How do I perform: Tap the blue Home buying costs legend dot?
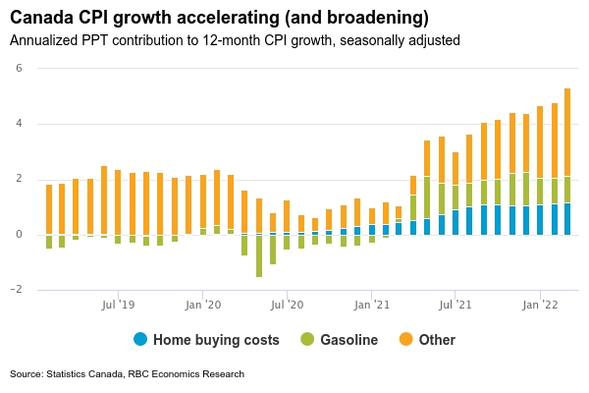point(140,340)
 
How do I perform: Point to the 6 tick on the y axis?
point(19,68)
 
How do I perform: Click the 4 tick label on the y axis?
point(19,124)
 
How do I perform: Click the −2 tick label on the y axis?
point(17,290)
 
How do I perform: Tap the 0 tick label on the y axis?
point(19,234)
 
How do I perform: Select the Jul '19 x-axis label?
point(118,306)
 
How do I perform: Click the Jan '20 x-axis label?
point(202,306)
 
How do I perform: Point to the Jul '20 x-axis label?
point(287,306)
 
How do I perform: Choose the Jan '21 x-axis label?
point(371,306)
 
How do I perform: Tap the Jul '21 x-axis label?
point(455,306)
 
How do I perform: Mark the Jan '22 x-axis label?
point(540,306)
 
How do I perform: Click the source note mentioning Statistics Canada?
point(127,374)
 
